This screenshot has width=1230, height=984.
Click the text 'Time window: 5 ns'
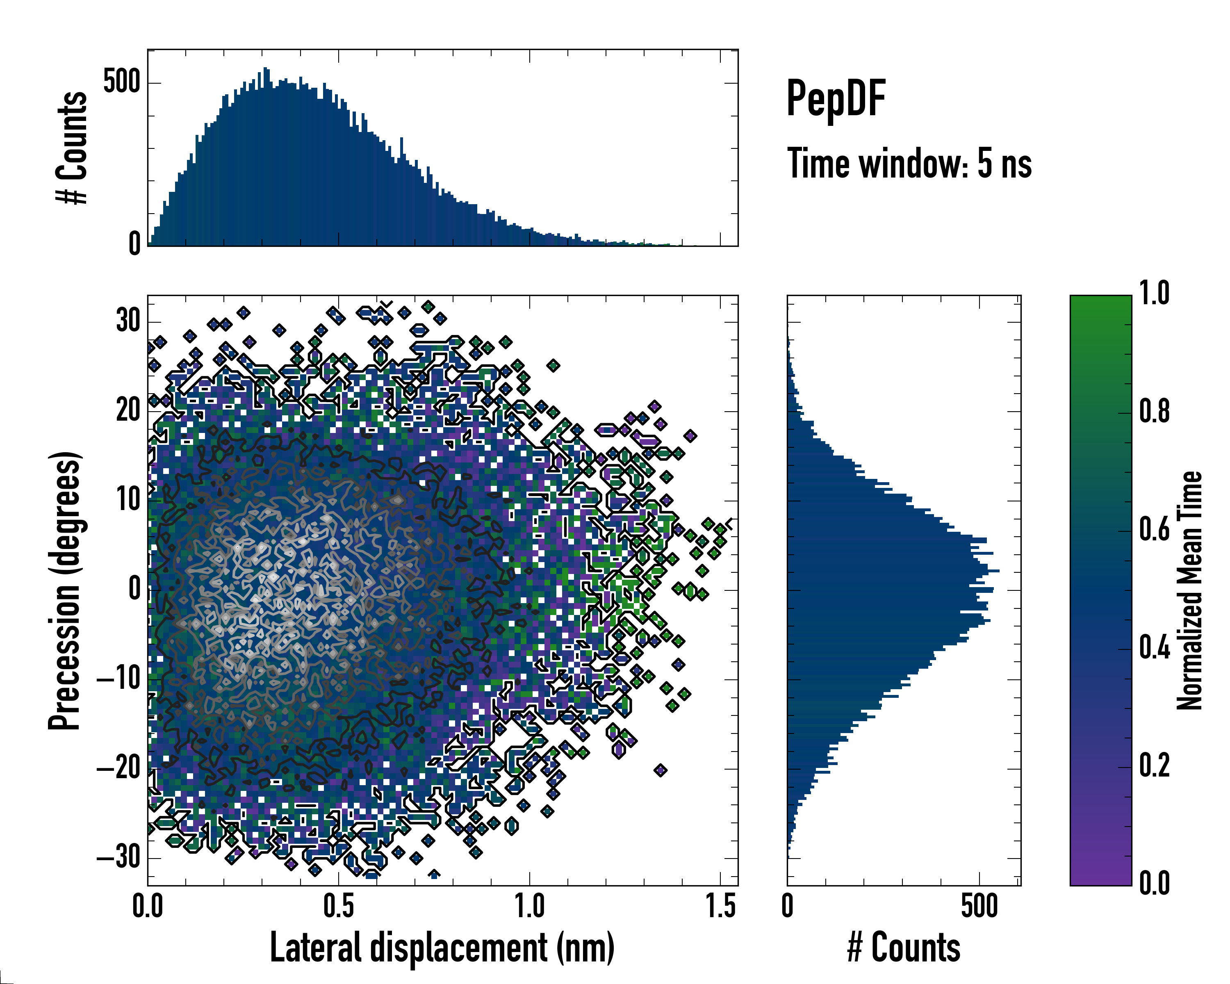tap(909, 164)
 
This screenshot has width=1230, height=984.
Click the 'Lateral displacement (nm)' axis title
tap(442, 948)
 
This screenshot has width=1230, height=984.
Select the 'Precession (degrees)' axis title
tap(64, 590)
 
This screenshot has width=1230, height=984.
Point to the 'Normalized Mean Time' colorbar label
tap(1189, 590)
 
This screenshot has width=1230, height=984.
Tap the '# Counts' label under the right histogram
tap(903, 948)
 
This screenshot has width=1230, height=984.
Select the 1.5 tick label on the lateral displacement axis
tap(720, 907)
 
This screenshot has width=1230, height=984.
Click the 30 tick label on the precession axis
tap(128, 321)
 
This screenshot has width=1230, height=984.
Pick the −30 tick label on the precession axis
tap(118, 857)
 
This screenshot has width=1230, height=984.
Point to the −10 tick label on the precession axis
tap(118, 679)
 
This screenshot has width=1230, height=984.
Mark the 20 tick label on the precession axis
tap(128, 411)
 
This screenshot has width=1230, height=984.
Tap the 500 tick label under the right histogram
tap(979, 907)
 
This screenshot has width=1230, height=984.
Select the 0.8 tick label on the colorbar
tap(1154, 412)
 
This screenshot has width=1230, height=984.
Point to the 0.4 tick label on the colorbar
tap(1154, 648)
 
